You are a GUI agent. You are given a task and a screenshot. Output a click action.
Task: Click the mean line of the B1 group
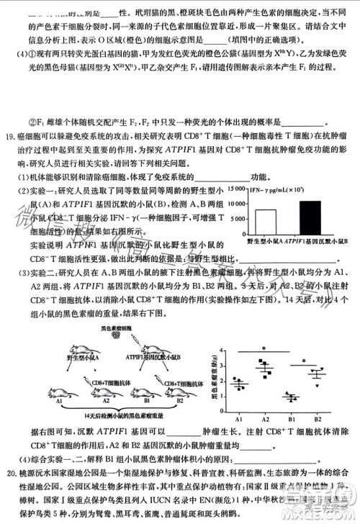(291, 397)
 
